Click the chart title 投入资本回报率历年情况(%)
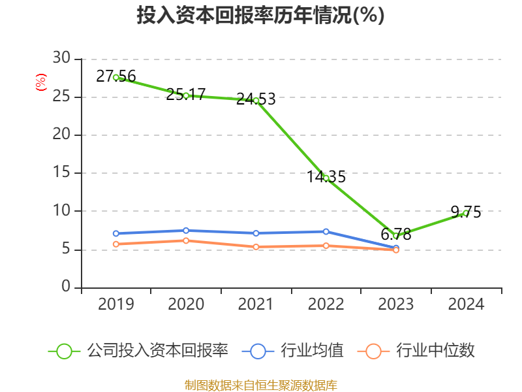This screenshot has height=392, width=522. [x=260, y=16]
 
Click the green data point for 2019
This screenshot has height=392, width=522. [x=116, y=77]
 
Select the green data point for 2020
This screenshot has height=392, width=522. [x=186, y=95]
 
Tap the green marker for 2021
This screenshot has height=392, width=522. [x=256, y=101]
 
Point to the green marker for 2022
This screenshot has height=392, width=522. [x=326, y=178]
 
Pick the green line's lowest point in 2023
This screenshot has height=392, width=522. [x=395, y=235]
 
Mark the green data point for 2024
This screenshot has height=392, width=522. [x=465, y=213]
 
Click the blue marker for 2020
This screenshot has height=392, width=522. [x=186, y=231]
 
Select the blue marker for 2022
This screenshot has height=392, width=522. [x=326, y=231]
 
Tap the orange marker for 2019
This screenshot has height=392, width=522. [x=116, y=244]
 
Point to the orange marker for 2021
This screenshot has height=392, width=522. [x=256, y=247]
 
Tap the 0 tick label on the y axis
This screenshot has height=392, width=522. [x=66, y=287]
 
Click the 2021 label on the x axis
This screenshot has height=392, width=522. [x=256, y=304]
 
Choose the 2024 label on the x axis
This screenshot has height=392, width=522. [x=465, y=304]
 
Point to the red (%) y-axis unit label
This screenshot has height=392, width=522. [x=41, y=82]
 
